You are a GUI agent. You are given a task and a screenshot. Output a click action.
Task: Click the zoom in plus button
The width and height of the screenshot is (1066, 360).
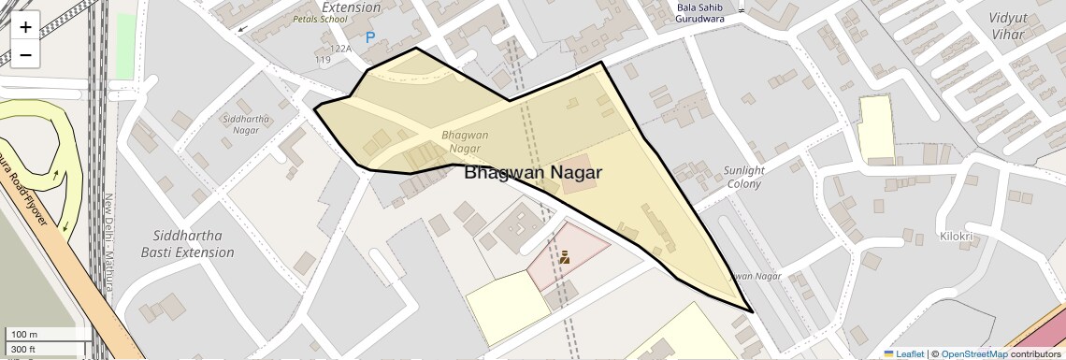[x=25, y=27]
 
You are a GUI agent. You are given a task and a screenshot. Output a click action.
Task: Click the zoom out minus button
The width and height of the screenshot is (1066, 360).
[x=25, y=54]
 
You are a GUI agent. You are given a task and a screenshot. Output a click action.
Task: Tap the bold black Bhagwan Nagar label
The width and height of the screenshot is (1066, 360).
[x=533, y=173]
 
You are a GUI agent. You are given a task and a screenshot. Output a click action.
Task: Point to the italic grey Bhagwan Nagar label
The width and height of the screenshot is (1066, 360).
[x=465, y=141]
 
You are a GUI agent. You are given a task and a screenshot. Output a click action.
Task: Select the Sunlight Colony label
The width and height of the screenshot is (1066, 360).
[x=744, y=177]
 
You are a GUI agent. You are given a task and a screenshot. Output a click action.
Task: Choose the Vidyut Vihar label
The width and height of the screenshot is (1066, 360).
[x=1007, y=26]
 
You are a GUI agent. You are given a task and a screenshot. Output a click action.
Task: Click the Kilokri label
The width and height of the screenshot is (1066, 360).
[x=958, y=237]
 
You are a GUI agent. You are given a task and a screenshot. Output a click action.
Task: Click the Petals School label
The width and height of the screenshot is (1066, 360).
[x=319, y=18]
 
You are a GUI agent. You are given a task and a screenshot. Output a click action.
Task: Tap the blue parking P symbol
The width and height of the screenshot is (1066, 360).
[x=370, y=38]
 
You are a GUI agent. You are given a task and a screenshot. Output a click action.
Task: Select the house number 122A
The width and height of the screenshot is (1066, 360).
[x=341, y=49]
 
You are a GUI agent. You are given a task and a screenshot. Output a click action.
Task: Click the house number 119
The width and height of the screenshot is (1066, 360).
[x=324, y=60]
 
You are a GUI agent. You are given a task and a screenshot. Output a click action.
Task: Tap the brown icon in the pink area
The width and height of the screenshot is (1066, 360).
[x=565, y=256]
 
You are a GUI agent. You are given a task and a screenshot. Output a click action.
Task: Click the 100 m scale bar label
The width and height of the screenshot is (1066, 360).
[x=23, y=335]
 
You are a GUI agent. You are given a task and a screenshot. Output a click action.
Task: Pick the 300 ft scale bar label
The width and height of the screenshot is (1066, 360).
[x=23, y=349]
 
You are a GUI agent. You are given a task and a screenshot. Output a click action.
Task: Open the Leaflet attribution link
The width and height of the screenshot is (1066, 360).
[x=904, y=354]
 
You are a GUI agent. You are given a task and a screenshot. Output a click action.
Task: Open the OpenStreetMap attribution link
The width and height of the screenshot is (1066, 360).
[x=974, y=354]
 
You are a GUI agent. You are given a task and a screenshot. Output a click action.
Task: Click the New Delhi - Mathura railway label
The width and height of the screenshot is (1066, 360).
[x=108, y=241]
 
